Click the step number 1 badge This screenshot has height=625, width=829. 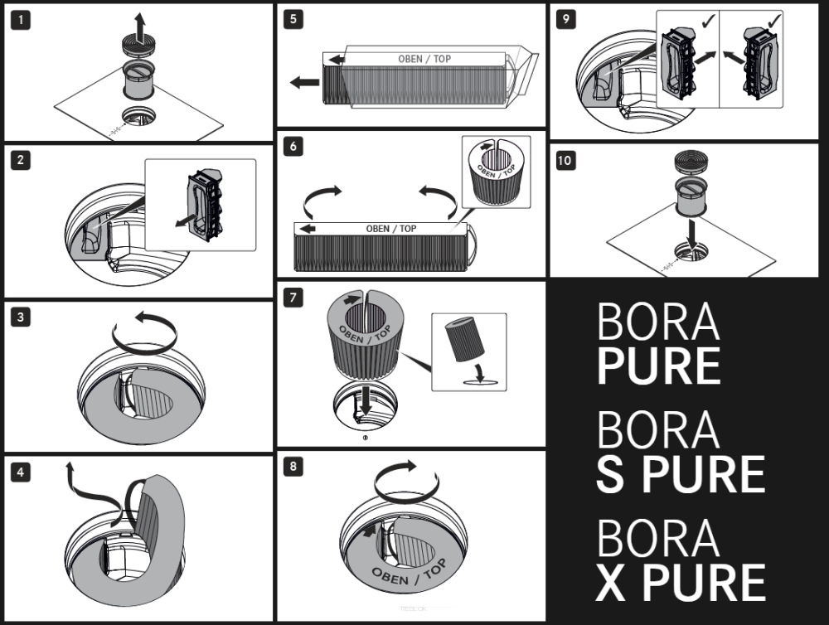21,21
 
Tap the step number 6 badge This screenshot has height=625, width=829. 293,146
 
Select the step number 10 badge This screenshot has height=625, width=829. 565,161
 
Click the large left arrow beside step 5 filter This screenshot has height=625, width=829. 305,82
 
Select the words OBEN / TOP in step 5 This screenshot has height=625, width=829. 424,59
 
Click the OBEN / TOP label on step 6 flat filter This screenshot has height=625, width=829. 391,229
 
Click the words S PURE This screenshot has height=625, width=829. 681,474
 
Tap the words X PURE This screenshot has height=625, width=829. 681,582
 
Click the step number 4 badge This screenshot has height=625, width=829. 21,472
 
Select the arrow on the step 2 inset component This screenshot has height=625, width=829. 185,220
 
